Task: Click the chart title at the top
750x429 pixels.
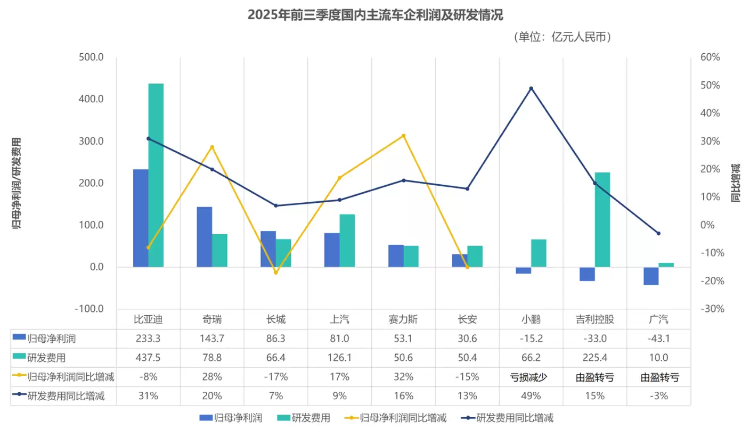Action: [375, 15]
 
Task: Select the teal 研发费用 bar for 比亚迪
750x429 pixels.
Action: [156, 175]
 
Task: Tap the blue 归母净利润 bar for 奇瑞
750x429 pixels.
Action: [205, 237]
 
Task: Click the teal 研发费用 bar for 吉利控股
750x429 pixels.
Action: [602, 219]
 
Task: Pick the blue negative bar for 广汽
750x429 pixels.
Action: [651, 276]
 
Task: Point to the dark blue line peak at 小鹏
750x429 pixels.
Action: [531, 88]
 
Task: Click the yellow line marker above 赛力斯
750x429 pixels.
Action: [403, 136]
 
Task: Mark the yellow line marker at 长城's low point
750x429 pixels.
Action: [276, 273]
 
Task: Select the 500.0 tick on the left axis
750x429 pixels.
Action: [92, 57]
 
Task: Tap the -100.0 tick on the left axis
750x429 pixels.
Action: [88, 309]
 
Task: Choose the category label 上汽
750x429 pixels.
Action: [339, 319]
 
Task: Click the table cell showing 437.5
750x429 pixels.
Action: [148, 358]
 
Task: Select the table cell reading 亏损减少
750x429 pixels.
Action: [531, 377]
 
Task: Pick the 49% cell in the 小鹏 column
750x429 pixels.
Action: [531, 396]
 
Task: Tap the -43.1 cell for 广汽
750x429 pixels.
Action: [659, 339]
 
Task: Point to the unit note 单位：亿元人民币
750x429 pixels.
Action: [562, 37]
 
